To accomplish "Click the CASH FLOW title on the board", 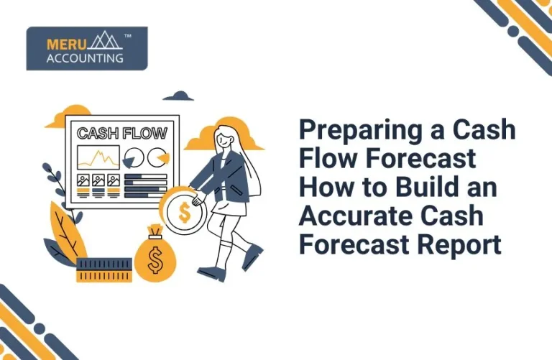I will click(x=122, y=133).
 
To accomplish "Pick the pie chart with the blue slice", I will click(x=133, y=157).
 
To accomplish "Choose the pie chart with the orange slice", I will click(x=157, y=156).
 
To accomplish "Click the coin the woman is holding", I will click(x=183, y=212).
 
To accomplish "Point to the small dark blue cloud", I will click(x=178, y=96).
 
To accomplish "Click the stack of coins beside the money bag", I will click(x=104, y=270).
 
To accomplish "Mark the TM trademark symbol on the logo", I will click(x=127, y=34).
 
